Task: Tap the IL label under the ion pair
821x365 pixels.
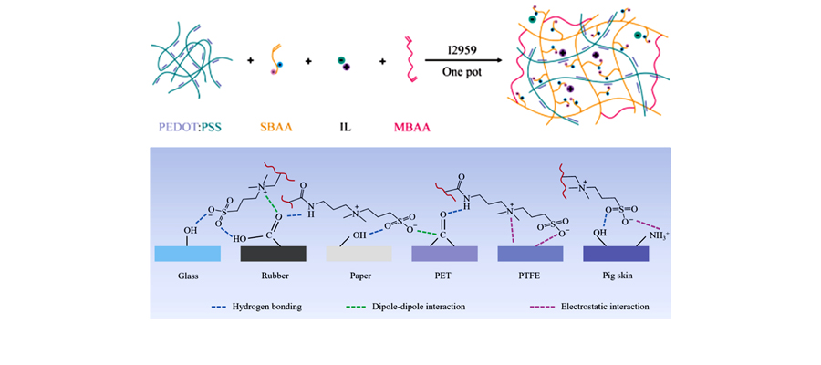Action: pyautogui.click(x=341, y=128)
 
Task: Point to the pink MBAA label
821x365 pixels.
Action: pyautogui.click(x=411, y=128)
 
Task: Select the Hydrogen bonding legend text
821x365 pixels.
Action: pyautogui.click(x=269, y=307)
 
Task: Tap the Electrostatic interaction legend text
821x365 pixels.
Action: pyautogui.click(x=602, y=307)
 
